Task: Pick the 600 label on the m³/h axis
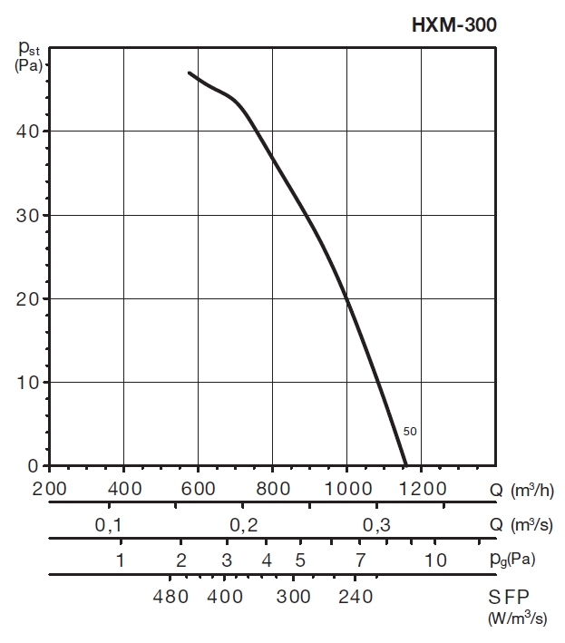coord(198,489)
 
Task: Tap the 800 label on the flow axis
coord(272,489)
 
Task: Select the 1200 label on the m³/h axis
coord(423,489)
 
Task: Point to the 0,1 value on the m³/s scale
coord(108,524)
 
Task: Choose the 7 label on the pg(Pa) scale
coord(360,560)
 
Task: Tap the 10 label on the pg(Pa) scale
coord(436,560)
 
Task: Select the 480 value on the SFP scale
coord(170,597)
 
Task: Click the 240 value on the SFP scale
coord(356,597)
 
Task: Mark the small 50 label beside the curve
coord(410,432)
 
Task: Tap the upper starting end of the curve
coord(189,73)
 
